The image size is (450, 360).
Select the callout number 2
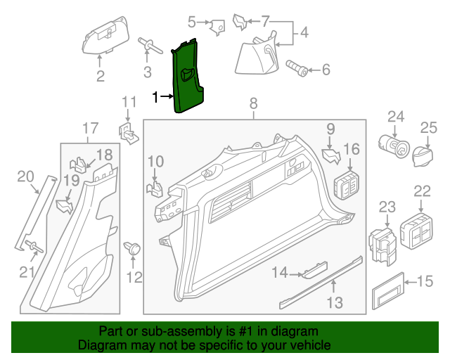101,75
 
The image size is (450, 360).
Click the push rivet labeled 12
131,247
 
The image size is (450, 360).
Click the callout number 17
90,128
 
